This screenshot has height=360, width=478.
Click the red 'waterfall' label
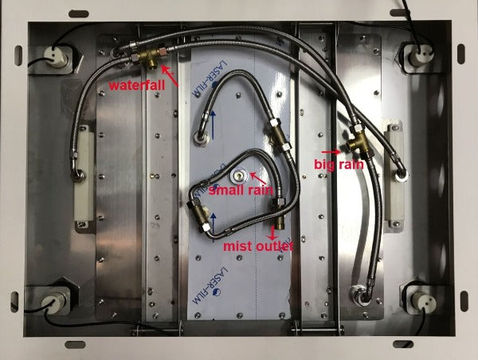[137, 85]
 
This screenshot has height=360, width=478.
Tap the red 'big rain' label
[339, 165]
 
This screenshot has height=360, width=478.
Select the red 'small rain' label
[241, 190]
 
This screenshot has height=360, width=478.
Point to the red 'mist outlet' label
[258, 246]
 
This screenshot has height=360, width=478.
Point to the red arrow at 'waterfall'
[170, 76]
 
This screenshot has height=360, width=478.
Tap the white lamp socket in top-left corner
[56, 57]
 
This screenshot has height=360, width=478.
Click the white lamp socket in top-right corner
[418, 56]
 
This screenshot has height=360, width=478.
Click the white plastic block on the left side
[84, 173]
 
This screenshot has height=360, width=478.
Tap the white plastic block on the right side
[395, 173]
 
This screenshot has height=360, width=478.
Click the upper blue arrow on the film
[213, 125]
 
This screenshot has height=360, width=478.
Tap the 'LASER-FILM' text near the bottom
[210, 285]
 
